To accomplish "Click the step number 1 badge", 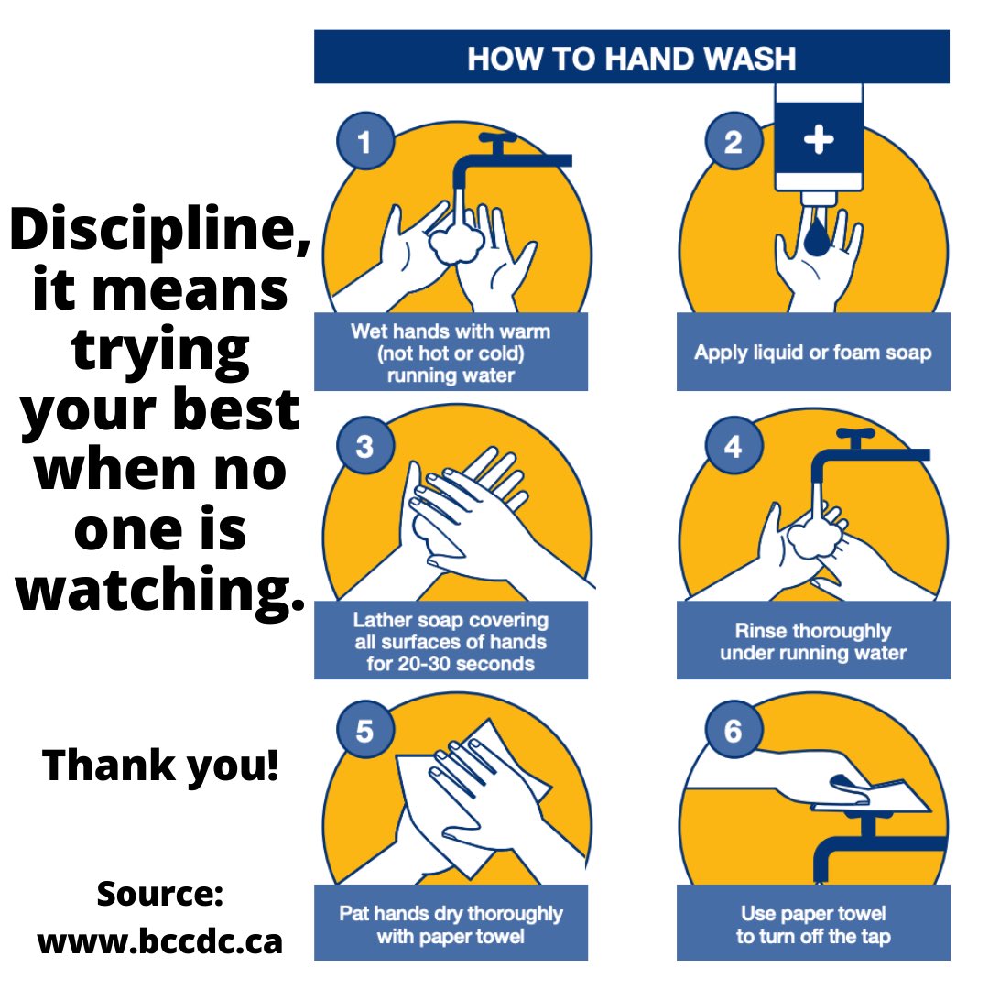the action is tap(365, 141).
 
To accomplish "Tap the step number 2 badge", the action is tap(733, 141).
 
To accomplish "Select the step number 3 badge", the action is tap(365, 446).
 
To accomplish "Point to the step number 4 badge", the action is tap(733, 446).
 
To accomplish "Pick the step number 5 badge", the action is tap(365, 731).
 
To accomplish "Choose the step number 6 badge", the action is tap(733, 731).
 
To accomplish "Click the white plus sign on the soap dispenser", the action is tap(819, 139).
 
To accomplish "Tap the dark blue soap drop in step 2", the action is tap(818, 235).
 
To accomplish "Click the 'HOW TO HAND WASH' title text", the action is tap(631, 58).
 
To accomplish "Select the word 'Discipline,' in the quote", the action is tap(159, 230).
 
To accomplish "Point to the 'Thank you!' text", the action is tap(160, 765).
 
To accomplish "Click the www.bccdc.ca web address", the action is tap(159, 941).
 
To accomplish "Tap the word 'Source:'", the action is tap(159, 894).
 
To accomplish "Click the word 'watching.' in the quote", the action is tap(160, 589).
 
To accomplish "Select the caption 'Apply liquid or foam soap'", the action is tap(813, 353).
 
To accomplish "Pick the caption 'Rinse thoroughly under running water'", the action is tap(813, 641).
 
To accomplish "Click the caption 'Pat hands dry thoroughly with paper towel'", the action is tap(451, 925).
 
